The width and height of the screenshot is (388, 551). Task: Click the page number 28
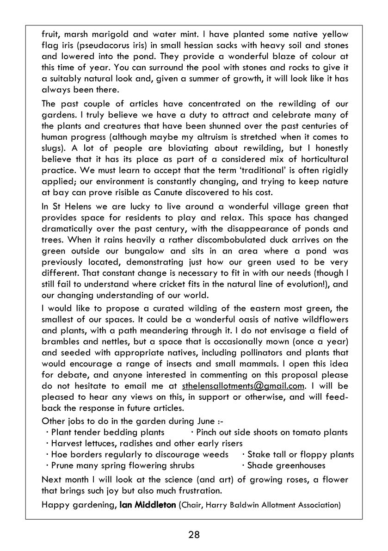194,535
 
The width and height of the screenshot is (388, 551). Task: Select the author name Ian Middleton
147,505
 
